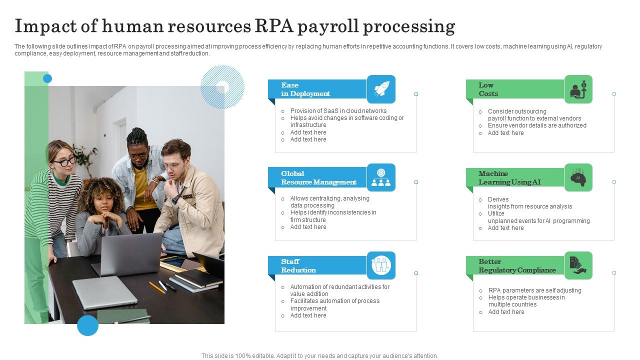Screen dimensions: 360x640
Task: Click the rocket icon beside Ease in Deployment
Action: coord(381,89)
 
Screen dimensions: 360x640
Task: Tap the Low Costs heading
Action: coord(488,89)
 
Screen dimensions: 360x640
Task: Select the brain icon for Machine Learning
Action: coord(578,177)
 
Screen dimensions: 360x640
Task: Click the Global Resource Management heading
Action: coord(318,178)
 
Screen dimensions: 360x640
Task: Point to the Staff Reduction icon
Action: coord(381,265)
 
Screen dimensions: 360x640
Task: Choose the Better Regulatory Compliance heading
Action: coord(516,266)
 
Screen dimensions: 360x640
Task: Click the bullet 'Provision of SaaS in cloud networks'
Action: coord(338,111)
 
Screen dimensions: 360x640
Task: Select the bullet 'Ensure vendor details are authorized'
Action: coord(536,125)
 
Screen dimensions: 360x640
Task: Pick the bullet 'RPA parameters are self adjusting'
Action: coord(534,290)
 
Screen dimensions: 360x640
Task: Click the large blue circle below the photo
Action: coord(87,325)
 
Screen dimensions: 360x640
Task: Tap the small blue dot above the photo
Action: coord(47,78)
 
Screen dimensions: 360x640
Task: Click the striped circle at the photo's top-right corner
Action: coord(222,87)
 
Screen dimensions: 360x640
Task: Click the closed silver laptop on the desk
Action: coord(104,292)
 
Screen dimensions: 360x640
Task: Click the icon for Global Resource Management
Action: coord(381,177)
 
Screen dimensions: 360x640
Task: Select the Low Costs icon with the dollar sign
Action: coord(578,89)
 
